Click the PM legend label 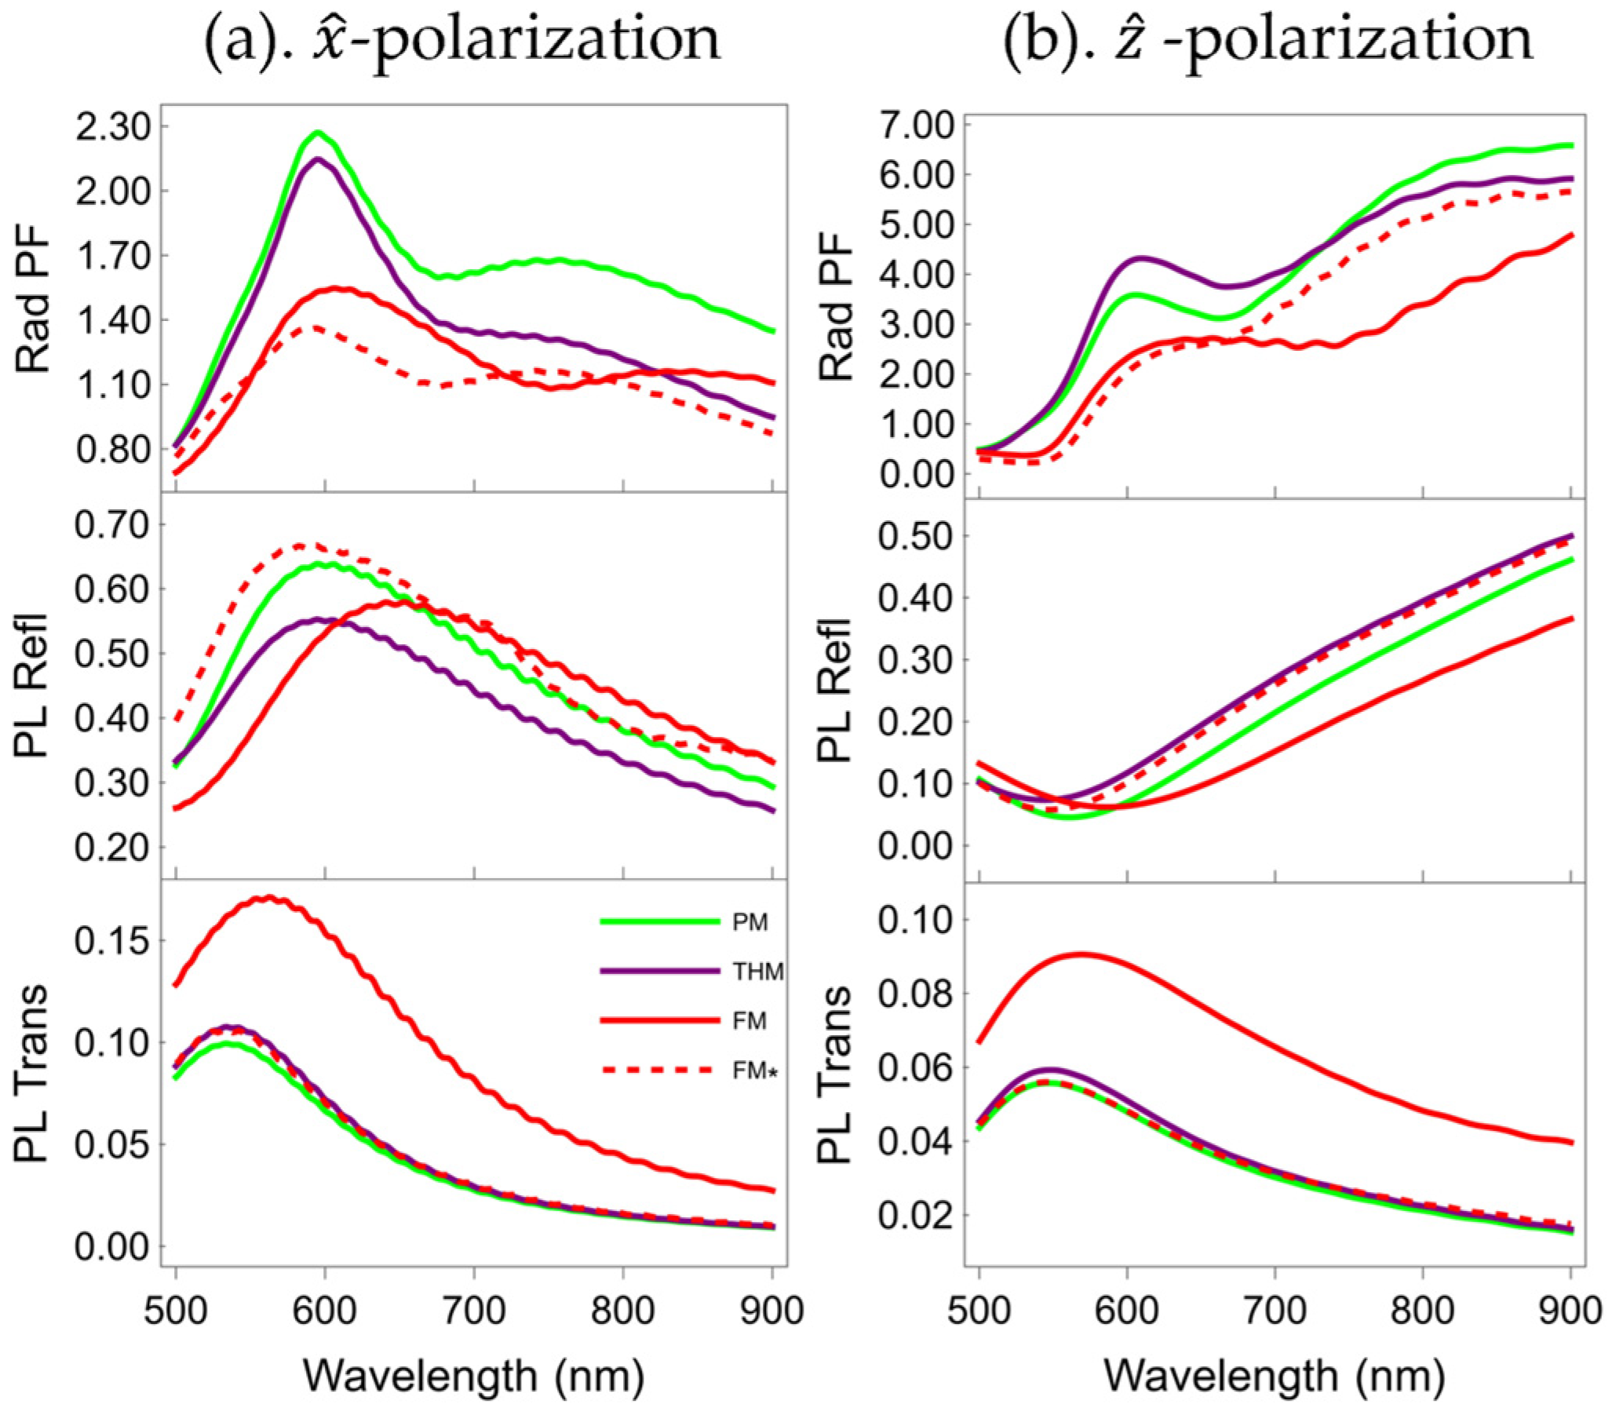pyautogui.click(x=749, y=922)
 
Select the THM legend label pyautogui.click(x=757, y=972)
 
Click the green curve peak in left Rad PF pyautogui.click(x=318, y=133)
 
